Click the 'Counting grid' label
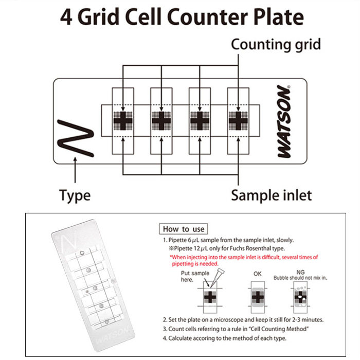[276, 44]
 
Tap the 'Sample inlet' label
[271, 195]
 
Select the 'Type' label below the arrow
[75, 195]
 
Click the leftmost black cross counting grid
[123, 121]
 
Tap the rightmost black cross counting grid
[238, 121]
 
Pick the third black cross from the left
[200, 121]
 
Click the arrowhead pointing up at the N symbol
[76, 160]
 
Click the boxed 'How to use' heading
[184, 229]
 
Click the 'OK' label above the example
[258, 274]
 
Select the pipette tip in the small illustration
[212, 278]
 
